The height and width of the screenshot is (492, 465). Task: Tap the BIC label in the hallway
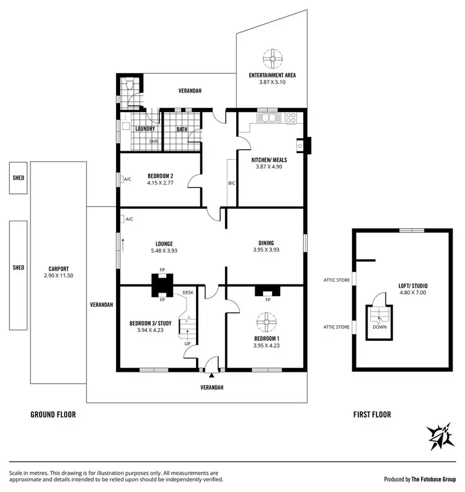(232, 183)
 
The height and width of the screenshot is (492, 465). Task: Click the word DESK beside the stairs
(188, 292)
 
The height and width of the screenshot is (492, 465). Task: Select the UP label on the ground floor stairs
(188, 343)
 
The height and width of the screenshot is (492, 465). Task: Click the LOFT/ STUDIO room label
(412, 286)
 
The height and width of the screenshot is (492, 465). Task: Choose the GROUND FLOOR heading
(53, 415)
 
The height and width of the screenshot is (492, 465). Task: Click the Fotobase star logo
(440, 437)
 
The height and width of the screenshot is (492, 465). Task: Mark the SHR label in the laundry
(153, 141)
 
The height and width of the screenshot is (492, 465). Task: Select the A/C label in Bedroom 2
(128, 180)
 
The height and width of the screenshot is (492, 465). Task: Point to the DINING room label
(266, 243)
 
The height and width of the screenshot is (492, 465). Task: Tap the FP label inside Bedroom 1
(268, 300)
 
